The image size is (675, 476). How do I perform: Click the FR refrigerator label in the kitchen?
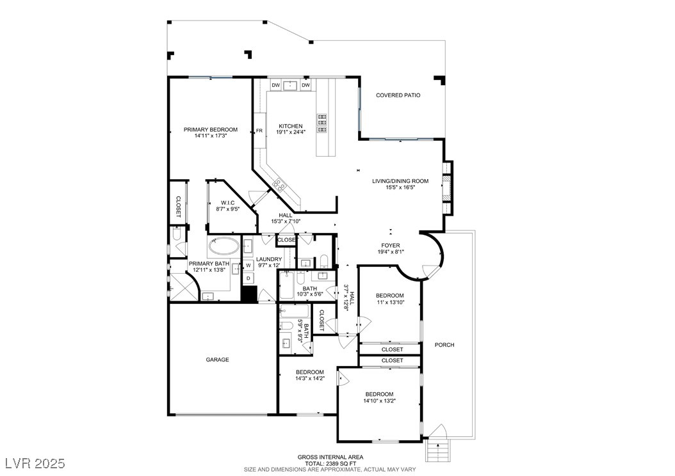[259, 131]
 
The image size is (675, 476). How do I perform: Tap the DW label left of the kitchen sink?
[275, 85]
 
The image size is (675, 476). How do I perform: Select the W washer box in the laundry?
[248, 265]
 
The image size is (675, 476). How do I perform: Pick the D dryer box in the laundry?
[248, 278]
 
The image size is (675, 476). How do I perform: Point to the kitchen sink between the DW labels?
[290, 85]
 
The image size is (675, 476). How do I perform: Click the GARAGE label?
[217, 360]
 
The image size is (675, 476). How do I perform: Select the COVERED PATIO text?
[398, 95]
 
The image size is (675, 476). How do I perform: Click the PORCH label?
[444, 345]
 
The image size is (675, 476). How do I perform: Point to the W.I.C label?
[228, 203]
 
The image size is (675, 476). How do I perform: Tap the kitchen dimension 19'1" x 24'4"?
[290, 132]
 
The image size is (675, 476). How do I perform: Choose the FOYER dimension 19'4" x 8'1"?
[390, 251]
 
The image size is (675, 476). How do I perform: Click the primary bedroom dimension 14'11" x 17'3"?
[210, 136]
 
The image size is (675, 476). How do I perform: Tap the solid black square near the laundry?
[249, 294]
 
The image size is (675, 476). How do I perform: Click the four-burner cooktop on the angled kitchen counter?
[279, 186]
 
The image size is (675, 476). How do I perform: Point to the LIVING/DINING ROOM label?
[400, 181]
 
